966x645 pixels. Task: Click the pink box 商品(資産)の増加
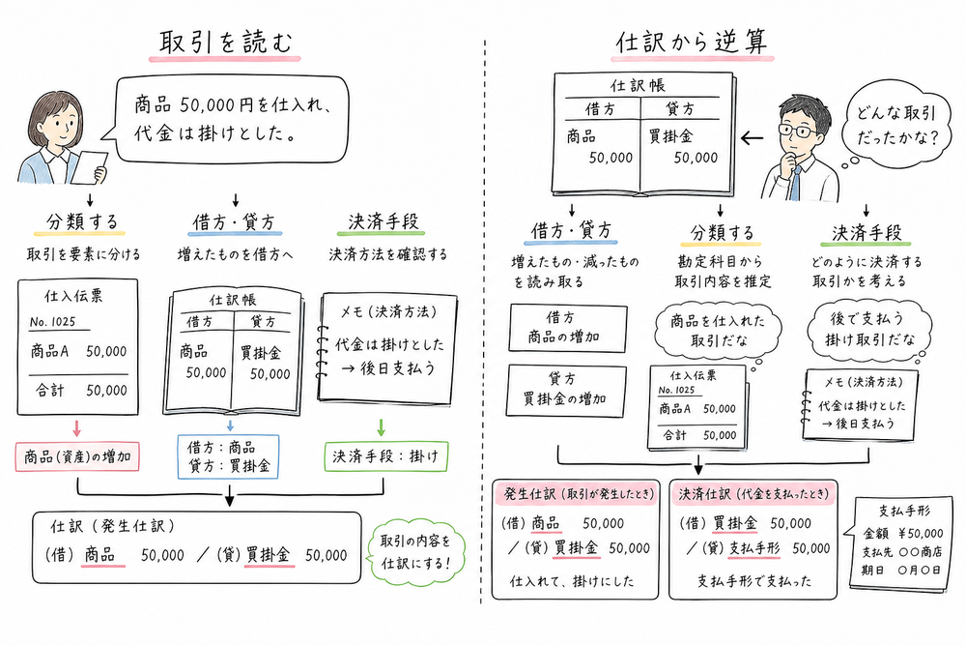[79, 455]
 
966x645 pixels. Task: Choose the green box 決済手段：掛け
[384, 455]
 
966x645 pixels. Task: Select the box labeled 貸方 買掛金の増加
[566, 391]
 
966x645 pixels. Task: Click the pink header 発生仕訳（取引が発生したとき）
[576, 493]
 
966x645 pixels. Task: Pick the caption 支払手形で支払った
[743, 583]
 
